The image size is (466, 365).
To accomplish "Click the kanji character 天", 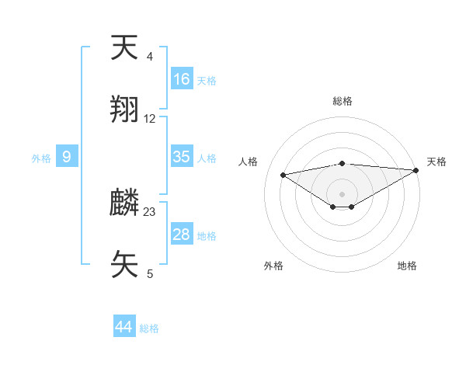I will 124,48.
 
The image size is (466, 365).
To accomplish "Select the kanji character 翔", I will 124,109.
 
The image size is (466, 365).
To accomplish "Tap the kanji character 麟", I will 124,203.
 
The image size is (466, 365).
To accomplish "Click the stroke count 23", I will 150,211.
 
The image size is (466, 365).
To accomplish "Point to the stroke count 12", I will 150,119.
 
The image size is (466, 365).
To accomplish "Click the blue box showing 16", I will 182,79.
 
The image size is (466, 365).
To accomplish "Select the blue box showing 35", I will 182,157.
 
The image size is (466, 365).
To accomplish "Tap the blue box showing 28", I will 182,235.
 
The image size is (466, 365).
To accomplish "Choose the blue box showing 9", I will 67,158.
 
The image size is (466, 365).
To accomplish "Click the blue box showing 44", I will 123,327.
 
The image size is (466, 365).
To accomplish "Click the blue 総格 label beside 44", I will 149,328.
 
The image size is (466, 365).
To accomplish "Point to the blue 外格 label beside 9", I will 41,158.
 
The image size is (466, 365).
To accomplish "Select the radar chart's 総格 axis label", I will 343,101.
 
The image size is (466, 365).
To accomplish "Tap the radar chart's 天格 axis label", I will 436,162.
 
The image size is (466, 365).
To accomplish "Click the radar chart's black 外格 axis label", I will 273,266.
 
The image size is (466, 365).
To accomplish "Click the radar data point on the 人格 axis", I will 283,174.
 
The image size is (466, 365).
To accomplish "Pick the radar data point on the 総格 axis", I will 343,164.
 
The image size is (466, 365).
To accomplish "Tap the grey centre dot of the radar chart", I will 343,193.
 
